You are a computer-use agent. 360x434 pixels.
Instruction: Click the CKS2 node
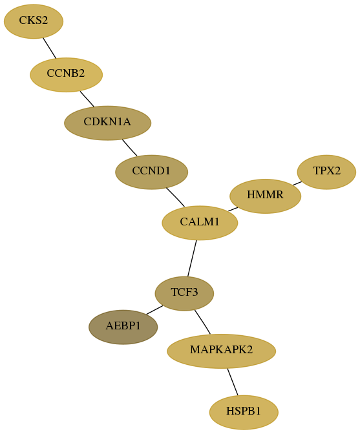(34, 21)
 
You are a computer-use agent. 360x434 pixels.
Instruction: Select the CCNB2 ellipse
(66, 75)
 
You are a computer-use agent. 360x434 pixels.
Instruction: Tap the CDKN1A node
(107, 123)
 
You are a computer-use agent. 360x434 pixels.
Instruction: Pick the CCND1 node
(151, 172)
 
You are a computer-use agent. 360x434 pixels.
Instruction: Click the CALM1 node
(200, 223)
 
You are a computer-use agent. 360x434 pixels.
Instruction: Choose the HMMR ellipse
(265, 196)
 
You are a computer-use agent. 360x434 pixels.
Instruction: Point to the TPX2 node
(326, 172)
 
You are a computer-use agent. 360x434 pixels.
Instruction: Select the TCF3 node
(184, 293)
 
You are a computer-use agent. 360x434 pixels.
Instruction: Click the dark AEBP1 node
(123, 327)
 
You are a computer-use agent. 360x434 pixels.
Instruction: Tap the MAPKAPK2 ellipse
(221, 351)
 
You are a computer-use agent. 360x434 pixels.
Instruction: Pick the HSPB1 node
(244, 413)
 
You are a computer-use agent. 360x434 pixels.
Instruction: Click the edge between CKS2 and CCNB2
(50, 48)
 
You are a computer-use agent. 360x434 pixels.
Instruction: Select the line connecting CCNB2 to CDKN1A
(87, 99)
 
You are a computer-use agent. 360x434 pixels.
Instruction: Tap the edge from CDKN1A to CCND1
(129, 147)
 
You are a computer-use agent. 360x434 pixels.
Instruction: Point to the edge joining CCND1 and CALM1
(176, 197)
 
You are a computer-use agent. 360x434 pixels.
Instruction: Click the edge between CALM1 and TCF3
(192, 258)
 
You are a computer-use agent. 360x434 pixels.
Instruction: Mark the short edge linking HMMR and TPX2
(297, 183)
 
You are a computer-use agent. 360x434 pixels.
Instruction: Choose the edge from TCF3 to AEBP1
(154, 310)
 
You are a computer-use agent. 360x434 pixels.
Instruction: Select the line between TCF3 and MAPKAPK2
(202, 322)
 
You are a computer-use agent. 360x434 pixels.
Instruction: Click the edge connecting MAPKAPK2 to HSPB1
(233, 382)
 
